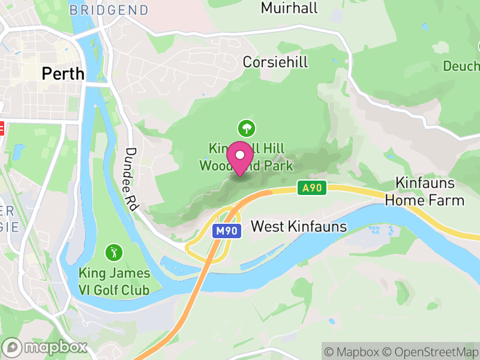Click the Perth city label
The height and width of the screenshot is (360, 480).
click(62, 74)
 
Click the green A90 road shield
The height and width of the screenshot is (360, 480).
click(312, 188)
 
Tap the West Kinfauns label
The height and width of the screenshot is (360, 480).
click(299, 226)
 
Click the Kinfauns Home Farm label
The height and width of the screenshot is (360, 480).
click(425, 191)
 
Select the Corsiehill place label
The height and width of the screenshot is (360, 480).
click(275, 62)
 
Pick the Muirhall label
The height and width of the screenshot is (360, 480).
click(289, 8)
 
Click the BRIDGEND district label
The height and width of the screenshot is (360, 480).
click(109, 10)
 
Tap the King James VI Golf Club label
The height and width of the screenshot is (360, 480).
click(114, 282)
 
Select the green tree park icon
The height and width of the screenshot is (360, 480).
click(246, 127)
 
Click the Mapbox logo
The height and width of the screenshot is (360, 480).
click(46, 347)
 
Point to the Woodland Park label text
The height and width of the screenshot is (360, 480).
click(246, 166)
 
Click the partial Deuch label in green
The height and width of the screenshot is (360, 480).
click(461, 65)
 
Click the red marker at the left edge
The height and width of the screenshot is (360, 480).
click(2, 128)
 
